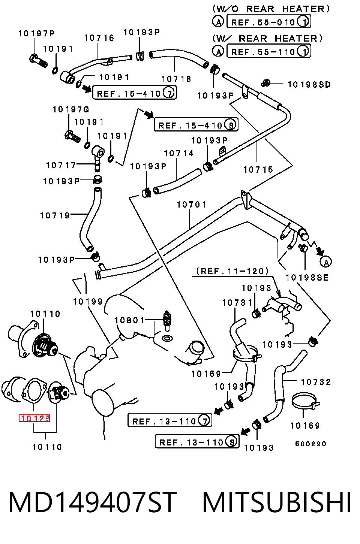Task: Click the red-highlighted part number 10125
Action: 34,418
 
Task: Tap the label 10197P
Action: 37,33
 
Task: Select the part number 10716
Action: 99,38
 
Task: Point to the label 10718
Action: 177,79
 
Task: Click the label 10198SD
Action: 309,85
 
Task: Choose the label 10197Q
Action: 71,109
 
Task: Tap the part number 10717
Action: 61,165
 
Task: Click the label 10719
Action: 55,215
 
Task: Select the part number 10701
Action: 192,205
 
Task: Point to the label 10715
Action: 258,169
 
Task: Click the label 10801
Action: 130,320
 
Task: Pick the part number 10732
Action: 316,382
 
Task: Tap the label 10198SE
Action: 307,278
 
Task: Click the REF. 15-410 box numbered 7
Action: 134,93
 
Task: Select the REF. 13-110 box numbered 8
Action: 197,441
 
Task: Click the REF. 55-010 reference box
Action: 268,21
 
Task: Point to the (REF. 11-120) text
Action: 232,271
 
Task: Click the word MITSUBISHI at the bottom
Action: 277,503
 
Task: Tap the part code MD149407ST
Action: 93,503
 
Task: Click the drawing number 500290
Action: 310,444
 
